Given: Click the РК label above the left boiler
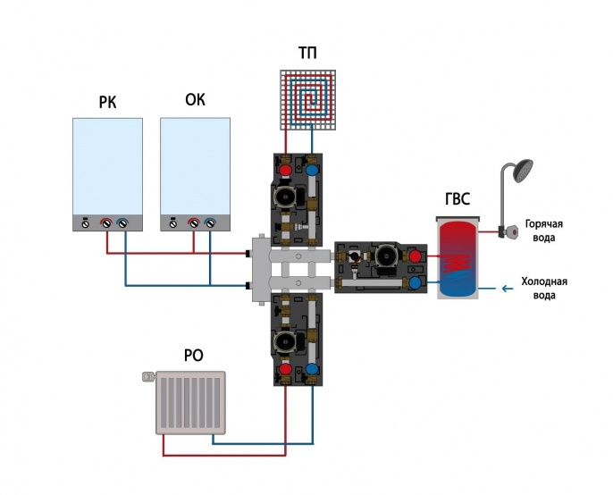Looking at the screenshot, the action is coord(107,103).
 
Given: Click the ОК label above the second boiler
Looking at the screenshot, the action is coord(195,100).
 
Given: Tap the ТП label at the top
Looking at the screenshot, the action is coord(307,53).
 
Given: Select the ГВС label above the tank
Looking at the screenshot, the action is coord(458,199).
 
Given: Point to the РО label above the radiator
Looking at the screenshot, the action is coord(194,356).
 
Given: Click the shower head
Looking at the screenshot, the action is coord(523,171).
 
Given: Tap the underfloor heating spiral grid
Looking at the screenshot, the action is coord(308,100).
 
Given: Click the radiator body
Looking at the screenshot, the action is coord(191,403).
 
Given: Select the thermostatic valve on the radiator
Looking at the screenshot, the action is coord(148,376).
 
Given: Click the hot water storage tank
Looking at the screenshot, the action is coord(458,257).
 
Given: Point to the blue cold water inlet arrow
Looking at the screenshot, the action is coord(507,289).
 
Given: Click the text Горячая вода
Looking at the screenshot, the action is coord(544,231).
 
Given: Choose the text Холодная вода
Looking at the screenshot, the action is coord(544,289).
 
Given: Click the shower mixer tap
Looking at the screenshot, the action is coord(508,232).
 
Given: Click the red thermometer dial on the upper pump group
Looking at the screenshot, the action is coord(286,170).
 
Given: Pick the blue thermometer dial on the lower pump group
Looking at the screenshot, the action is coord(312,370).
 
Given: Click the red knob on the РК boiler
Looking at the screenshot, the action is coord(106,223).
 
